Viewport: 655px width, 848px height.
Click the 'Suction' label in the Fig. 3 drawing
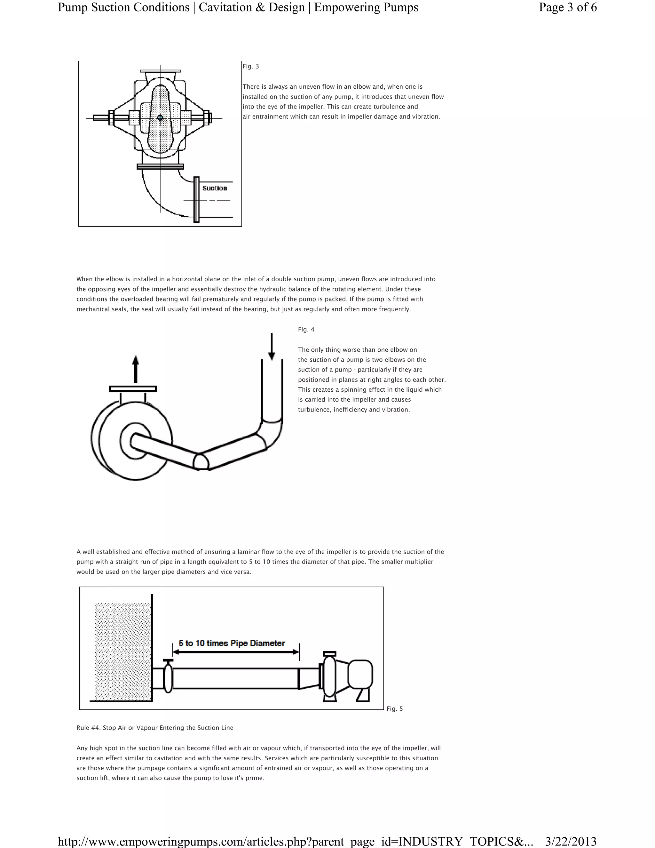click(215, 188)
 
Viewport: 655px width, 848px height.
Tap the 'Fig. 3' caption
click(251, 66)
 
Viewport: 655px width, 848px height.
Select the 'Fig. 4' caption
click(306, 330)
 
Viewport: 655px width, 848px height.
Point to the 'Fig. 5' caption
click(395, 708)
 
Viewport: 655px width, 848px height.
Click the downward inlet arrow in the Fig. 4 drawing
click(272, 346)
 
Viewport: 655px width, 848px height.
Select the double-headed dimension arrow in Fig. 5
click(236, 652)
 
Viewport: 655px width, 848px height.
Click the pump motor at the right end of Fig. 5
click(360, 675)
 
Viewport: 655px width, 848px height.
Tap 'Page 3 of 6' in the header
click(568, 7)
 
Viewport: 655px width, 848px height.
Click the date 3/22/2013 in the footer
click(571, 841)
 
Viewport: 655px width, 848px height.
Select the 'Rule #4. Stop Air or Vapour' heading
click(155, 728)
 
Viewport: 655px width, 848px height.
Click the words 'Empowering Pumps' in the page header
click(366, 7)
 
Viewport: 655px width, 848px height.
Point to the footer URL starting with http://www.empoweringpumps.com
click(295, 841)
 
